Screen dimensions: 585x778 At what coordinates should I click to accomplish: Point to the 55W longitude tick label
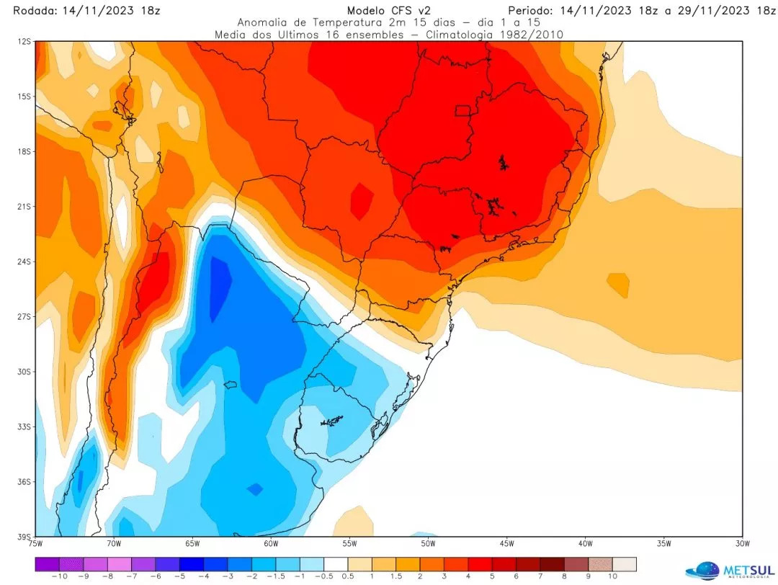pos(349,543)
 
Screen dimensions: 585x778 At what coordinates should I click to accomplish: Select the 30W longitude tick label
pos(742,543)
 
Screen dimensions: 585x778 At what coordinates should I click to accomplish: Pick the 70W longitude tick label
pos(113,543)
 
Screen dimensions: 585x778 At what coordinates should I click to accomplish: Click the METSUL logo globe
pos(703,571)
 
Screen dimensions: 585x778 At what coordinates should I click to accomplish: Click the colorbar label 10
pos(612,577)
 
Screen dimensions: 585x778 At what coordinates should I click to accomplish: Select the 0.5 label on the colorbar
pos(347,577)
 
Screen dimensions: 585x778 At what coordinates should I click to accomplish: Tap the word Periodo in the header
pos(532,11)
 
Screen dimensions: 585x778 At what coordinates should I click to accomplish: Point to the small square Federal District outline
pos(462,110)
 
